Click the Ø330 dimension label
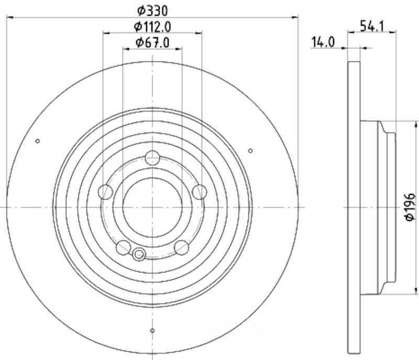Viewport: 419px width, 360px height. [152, 10]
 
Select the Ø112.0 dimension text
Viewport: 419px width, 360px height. [152, 26]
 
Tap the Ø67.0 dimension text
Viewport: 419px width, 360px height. [152, 42]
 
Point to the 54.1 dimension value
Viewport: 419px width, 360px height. [372, 26]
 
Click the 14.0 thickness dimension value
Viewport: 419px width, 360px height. [323, 42]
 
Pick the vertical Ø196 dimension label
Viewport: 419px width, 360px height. [410, 207]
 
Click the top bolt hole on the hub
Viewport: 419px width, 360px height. [152, 158]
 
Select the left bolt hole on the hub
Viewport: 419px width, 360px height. [106, 192]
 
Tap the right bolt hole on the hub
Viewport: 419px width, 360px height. [200, 192]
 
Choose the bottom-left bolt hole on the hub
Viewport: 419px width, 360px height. [124, 247]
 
